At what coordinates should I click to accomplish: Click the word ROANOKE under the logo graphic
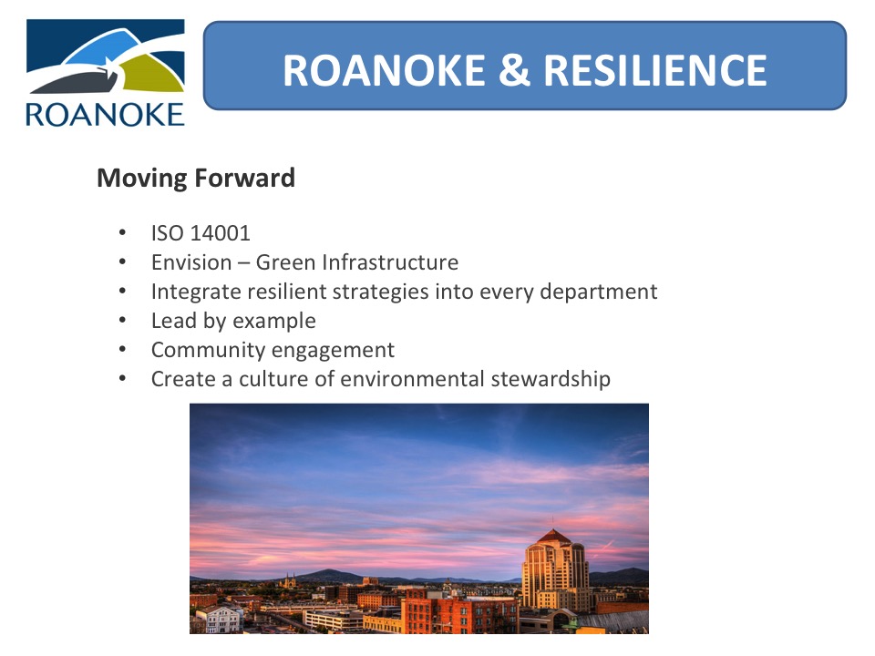pos(105,115)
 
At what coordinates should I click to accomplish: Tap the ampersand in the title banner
pos(514,70)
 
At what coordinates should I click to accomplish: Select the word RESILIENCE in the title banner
pos(655,70)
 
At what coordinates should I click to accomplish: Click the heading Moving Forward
pos(196,178)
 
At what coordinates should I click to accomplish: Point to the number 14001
pos(221,233)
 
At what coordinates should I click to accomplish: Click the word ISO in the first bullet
pos(168,233)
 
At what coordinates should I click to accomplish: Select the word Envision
pos(191,262)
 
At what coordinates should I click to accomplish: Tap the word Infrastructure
pos(390,262)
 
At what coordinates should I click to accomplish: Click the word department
pos(598,292)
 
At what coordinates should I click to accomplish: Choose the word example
pos(274,322)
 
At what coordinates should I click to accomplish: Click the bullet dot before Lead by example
pos(122,321)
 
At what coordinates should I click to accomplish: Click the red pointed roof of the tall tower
pos(553,536)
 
